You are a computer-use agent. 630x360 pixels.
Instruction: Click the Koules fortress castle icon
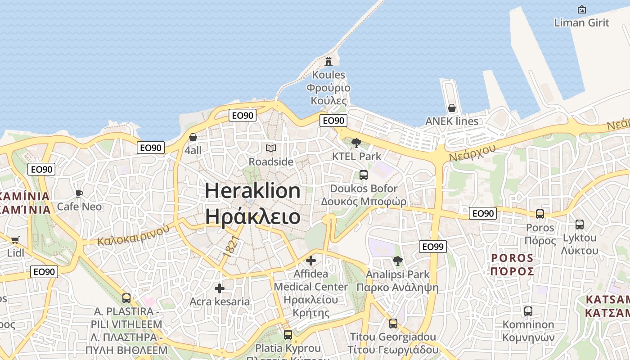[328, 61]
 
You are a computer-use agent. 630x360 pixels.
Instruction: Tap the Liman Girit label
[581, 22]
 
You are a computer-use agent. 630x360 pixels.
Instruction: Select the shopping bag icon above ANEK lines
[451, 108]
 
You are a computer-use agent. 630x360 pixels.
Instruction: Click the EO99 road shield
[433, 246]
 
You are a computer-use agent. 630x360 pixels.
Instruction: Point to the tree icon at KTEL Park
[356, 143]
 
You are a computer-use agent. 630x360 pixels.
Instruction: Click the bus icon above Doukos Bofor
[363, 175]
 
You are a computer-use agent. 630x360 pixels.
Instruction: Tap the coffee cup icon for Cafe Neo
[79, 194]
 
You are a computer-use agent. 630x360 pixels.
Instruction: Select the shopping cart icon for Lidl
[15, 240]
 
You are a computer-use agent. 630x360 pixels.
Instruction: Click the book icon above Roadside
[270, 148]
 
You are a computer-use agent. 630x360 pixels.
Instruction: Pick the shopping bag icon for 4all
[193, 137]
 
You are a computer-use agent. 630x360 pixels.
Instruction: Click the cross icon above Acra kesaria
[220, 288]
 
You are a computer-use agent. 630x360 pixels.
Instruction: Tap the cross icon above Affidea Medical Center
[310, 261]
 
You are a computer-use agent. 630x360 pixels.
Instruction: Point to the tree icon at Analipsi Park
[397, 261]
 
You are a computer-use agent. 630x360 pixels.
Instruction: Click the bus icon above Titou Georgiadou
[393, 324]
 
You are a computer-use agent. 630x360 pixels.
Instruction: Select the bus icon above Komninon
[528, 311]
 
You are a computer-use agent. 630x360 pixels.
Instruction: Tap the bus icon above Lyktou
[580, 224]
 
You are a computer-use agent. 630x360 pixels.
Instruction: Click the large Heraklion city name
[253, 191]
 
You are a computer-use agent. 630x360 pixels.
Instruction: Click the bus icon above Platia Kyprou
[288, 335]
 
